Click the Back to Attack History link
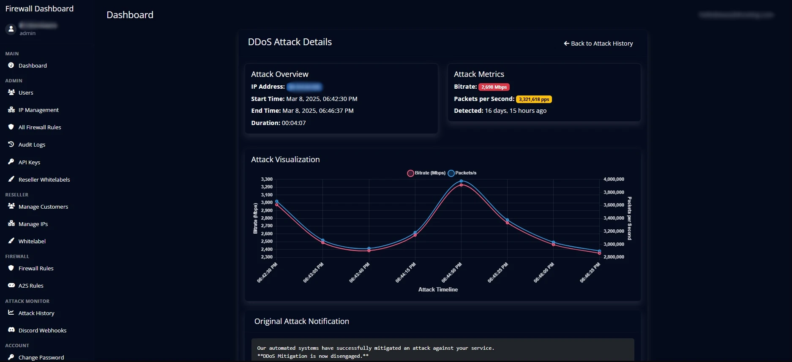598,44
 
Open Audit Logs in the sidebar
32,144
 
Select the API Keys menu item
29,162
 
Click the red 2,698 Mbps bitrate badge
494,87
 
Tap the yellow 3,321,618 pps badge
534,99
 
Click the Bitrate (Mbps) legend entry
426,173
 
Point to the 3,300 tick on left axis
267,179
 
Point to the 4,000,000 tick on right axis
614,179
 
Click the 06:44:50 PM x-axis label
452,272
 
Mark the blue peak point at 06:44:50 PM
461,181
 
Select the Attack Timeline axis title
438,289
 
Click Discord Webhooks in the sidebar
42,330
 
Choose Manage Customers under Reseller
43,207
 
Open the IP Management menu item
38,110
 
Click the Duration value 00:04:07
294,123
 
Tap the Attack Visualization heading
285,159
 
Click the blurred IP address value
304,87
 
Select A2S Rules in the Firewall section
31,286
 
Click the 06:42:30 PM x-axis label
268,272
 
